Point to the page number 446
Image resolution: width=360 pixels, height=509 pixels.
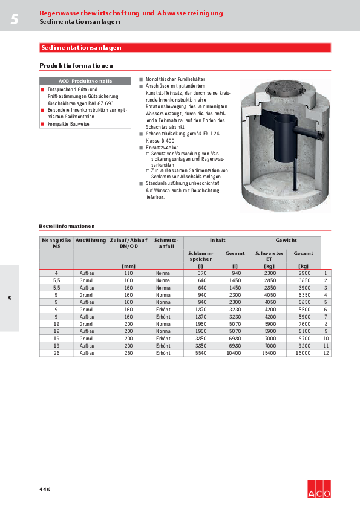pyautogui.click(x=45, y=489)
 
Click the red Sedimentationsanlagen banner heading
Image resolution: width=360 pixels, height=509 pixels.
pyautogui.click(x=81, y=47)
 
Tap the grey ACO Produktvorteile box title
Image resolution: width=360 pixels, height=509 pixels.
pyautogui.click(x=85, y=81)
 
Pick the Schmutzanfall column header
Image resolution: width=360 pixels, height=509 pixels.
pyautogui.click(x=166, y=243)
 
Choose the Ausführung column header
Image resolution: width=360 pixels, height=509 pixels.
pyautogui.click(x=91, y=240)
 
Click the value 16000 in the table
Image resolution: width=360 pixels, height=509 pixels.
pyautogui.click(x=304, y=352)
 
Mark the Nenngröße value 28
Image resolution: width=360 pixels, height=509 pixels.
pyautogui.click(x=56, y=352)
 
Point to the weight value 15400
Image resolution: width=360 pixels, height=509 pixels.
pyautogui.click(x=269, y=352)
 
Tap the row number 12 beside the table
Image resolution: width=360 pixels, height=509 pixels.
pyautogui.click(x=326, y=352)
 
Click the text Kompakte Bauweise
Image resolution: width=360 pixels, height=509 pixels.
pyautogui.click(x=67, y=123)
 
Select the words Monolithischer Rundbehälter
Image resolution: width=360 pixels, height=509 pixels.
pyautogui.click(x=175, y=79)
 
